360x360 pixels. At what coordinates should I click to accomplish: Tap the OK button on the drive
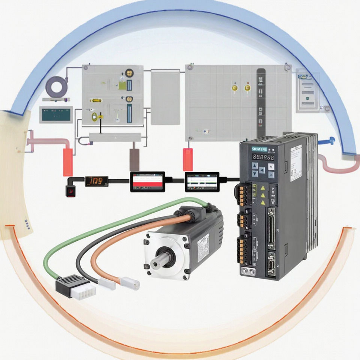pyautogui.click(x=271, y=175)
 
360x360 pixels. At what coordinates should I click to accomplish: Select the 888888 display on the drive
pyautogui.click(x=262, y=157)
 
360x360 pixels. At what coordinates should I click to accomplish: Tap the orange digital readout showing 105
pyautogui.click(x=96, y=181)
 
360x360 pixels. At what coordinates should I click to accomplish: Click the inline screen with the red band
pyautogui.click(x=147, y=181)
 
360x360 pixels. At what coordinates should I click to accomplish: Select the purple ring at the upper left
pyautogui.click(x=56, y=86)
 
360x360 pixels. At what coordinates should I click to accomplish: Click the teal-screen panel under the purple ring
pyautogui.click(x=56, y=114)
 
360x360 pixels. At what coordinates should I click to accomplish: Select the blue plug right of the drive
pyautogui.click(x=331, y=141)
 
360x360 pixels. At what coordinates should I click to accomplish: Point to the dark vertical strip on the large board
pyautogui.click(x=261, y=101)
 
